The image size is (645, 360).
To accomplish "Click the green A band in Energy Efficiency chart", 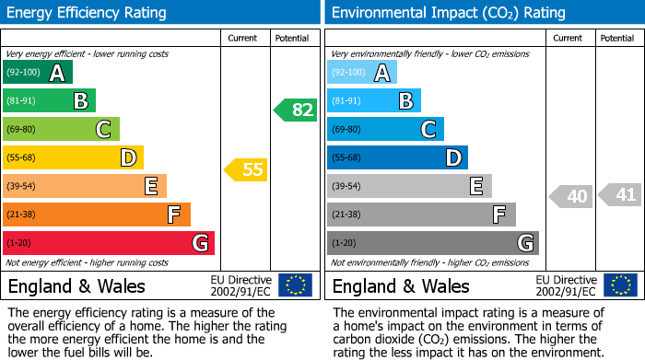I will pos(38,73).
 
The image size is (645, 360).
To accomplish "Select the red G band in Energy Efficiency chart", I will pos(109,243).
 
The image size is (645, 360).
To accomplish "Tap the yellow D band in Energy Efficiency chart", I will pos(74,158).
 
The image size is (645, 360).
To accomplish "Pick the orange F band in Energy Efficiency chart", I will pos(97,215).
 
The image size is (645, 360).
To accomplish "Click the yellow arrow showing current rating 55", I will pos(245,169).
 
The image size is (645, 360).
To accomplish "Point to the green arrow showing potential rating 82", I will pos(296,110).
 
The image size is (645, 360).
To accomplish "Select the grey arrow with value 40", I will pos(571,196).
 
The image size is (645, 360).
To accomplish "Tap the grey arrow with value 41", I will pos(620,195).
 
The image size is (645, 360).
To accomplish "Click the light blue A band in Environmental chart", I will pos(362,73).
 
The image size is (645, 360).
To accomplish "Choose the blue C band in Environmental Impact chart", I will pos(385,130).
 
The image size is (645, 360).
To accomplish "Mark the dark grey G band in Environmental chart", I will pos(432,243).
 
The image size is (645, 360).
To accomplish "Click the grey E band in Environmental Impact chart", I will pos(409,187).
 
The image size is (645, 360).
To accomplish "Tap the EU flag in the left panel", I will pos(295,285).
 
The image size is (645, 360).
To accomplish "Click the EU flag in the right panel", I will pos(619,285).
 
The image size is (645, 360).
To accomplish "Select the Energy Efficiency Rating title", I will pos(88,13).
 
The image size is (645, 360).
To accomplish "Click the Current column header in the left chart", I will pos(242,39).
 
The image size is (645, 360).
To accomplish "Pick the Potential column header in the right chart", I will pos(616,39).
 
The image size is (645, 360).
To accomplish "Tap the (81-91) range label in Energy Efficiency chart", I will pos(22,101).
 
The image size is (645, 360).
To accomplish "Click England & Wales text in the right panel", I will pos(401,286).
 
